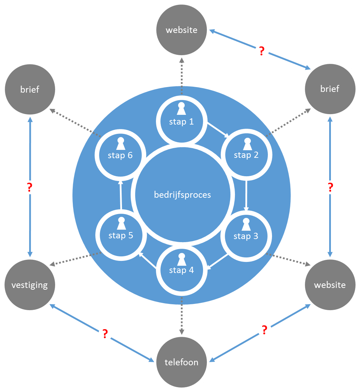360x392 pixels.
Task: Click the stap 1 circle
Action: [181, 118]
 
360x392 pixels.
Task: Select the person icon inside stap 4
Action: [181, 259]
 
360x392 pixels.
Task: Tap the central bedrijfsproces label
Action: [182, 195]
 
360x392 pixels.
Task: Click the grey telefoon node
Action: [181, 362]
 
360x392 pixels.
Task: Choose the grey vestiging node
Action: [30, 285]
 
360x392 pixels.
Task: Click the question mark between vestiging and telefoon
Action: [105, 334]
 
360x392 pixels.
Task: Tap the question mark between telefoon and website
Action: [264, 330]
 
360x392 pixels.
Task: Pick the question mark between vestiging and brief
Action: [30, 187]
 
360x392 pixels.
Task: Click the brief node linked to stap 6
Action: [30, 89]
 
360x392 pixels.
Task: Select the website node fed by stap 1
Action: [181, 30]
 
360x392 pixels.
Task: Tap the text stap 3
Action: [246, 236]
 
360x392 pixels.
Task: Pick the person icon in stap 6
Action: [120, 144]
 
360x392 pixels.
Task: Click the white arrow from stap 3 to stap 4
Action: [218, 261]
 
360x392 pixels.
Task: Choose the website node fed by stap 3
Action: [330, 285]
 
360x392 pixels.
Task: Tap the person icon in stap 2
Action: [247, 144]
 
